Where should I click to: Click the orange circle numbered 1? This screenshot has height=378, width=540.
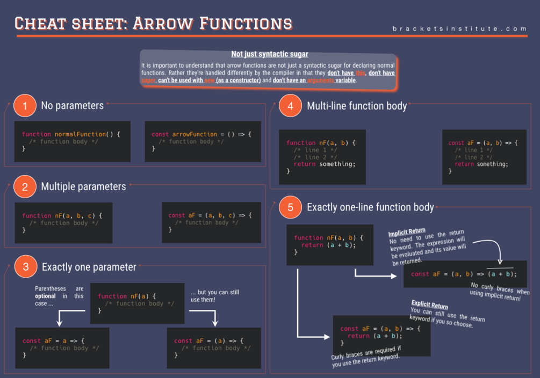(x=25, y=106)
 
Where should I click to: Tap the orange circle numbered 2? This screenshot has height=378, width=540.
(x=25, y=187)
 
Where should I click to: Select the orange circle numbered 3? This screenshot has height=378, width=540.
(x=25, y=267)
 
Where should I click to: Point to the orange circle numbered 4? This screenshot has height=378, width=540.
(x=291, y=106)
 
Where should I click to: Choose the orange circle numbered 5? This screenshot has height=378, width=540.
(x=291, y=208)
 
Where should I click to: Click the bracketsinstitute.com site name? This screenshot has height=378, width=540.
(x=459, y=28)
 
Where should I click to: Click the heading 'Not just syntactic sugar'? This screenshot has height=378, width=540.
(x=270, y=54)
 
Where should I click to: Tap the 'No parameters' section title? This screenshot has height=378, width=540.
(x=73, y=106)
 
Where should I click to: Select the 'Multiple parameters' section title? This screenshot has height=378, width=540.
(x=83, y=187)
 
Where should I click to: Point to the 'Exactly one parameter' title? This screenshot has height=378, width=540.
(x=89, y=267)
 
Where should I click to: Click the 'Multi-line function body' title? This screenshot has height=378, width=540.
(x=357, y=106)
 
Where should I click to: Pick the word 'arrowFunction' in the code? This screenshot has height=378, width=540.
(x=195, y=134)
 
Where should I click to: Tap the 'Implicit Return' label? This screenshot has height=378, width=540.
(x=407, y=232)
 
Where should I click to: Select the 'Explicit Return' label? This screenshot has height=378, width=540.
(x=429, y=304)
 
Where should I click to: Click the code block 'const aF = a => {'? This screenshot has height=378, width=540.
(x=62, y=347)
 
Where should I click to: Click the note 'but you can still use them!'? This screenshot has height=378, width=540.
(x=215, y=296)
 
